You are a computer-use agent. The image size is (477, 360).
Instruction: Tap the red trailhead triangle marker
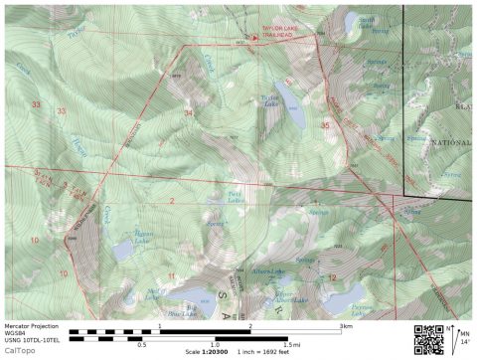254,39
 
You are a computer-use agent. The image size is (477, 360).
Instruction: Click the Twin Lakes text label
235,197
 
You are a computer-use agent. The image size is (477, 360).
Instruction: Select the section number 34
189,113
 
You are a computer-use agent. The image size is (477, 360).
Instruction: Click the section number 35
325,126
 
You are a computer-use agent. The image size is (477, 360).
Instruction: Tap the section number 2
171,202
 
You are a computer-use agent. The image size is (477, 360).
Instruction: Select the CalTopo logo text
18,351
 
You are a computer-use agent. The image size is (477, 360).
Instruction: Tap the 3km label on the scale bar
345,326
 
